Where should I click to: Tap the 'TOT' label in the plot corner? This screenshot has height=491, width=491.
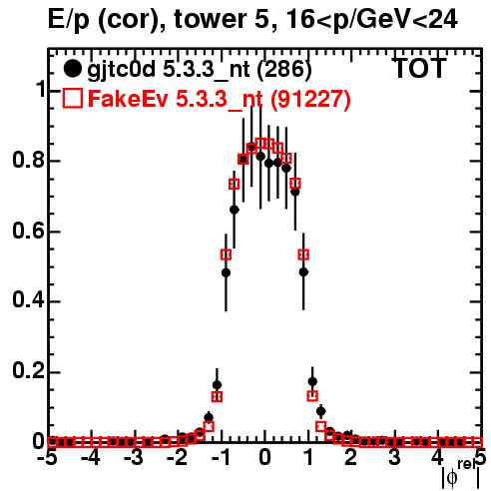click(x=420, y=68)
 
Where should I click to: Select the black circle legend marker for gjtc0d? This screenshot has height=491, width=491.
click(x=72, y=69)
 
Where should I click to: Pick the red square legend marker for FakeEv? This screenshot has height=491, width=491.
click(x=72, y=98)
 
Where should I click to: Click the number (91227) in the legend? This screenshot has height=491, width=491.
click(x=310, y=99)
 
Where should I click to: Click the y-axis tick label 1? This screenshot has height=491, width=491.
click(x=41, y=90)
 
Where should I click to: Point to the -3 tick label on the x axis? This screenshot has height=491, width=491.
click(x=134, y=458)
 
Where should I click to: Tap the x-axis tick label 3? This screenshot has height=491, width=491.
click(x=394, y=458)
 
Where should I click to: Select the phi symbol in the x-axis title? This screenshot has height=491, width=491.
click(x=452, y=478)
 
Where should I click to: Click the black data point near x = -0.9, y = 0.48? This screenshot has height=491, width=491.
click(x=226, y=272)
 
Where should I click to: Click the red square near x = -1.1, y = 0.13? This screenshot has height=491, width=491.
click(x=217, y=396)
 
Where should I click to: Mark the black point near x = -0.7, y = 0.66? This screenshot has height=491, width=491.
click(x=235, y=210)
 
